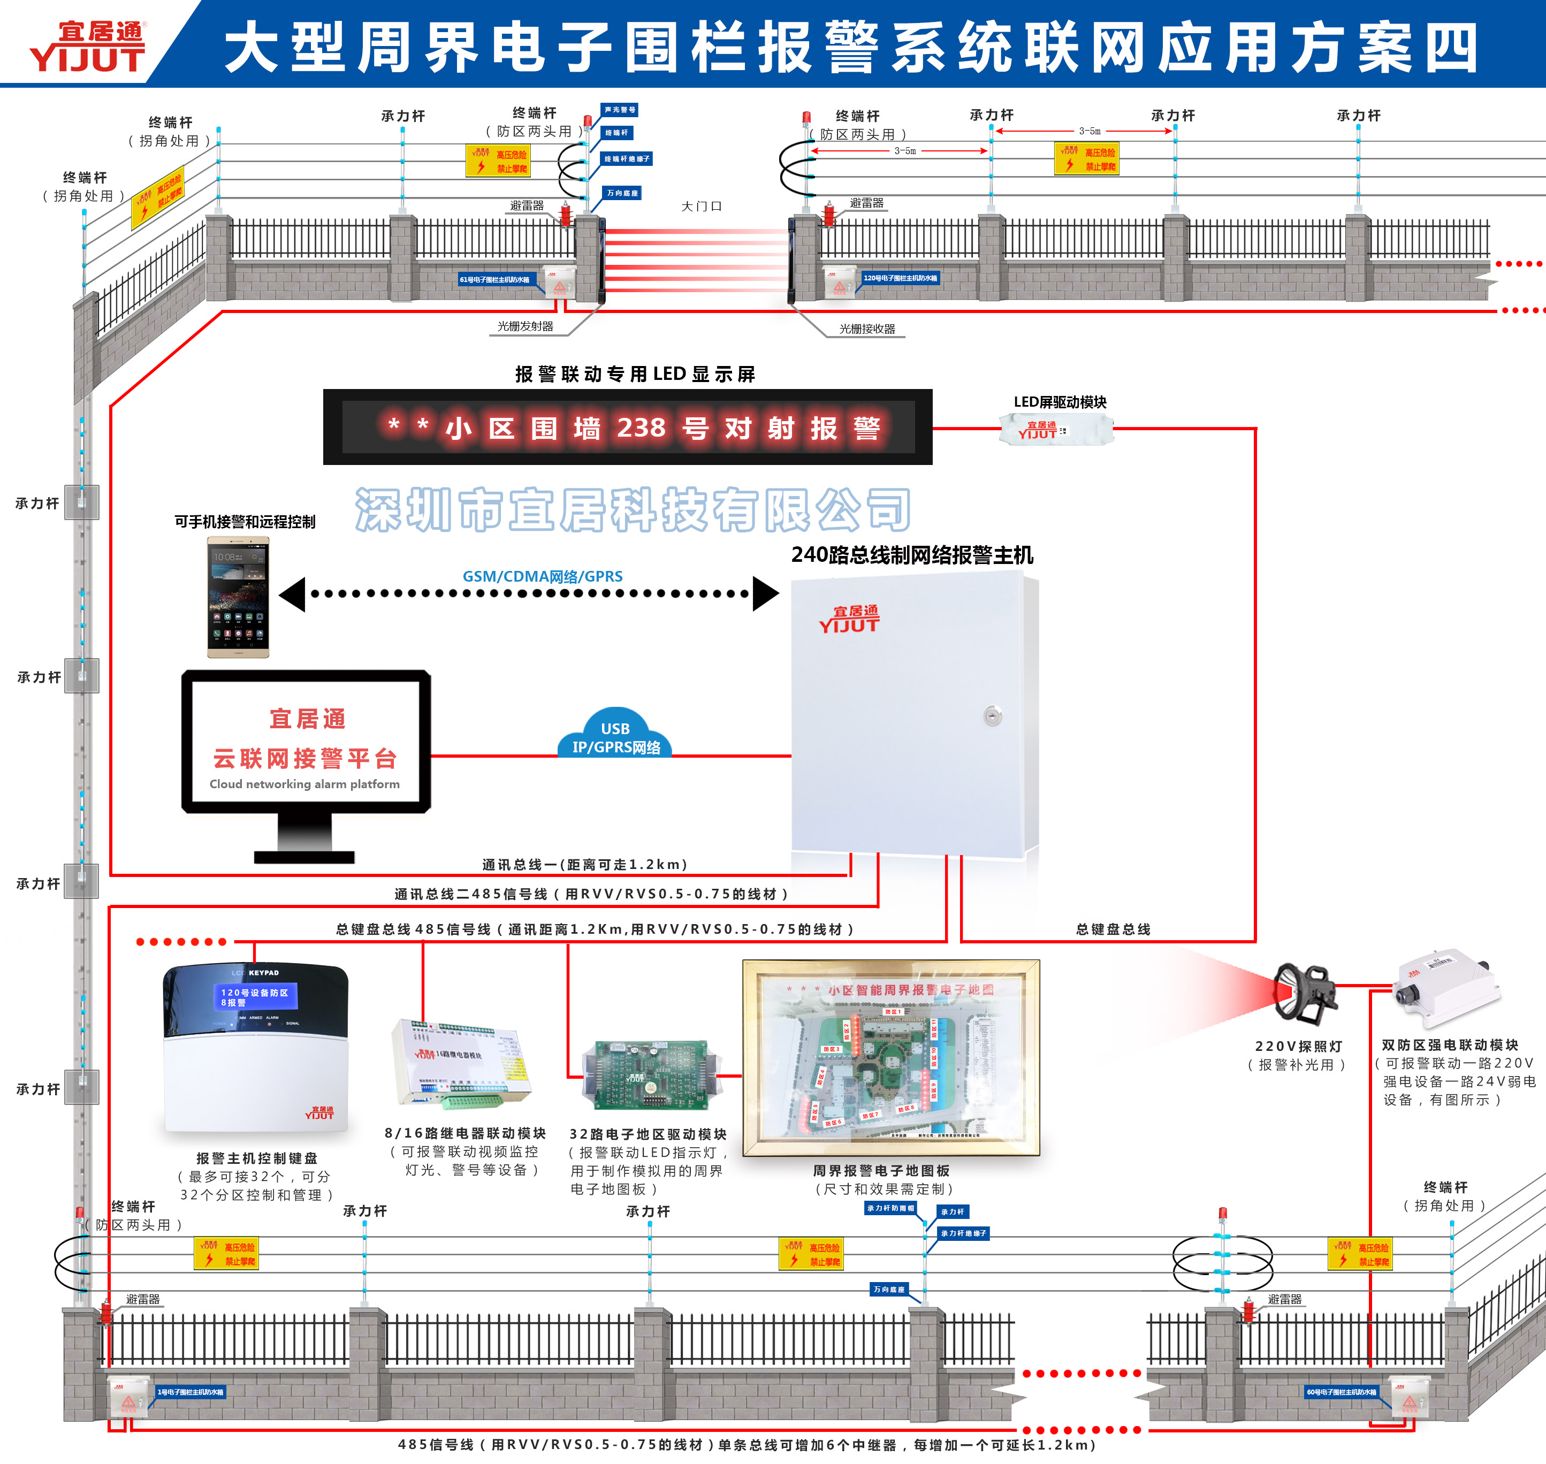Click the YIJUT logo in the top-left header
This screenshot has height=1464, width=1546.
pyautogui.click(x=87, y=47)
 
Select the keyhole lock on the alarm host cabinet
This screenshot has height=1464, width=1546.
pyautogui.click(x=992, y=715)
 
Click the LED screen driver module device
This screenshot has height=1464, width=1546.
pyautogui.click(x=1056, y=429)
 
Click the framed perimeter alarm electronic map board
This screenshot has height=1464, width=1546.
pyautogui.click(x=890, y=1057)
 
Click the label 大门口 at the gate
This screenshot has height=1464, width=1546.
pyautogui.click(x=701, y=206)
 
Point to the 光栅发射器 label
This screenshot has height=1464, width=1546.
pyautogui.click(x=525, y=326)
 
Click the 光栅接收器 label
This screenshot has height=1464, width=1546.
pyautogui.click(x=867, y=329)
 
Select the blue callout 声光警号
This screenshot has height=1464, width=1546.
pyautogui.click(x=620, y=110)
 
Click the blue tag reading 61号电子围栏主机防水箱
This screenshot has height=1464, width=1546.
pyautogui.click(x=495, y=279)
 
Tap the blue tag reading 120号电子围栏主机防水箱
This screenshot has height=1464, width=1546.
pyautogui.click(x=900, y=278)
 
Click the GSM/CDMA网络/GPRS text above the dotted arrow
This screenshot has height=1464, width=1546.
pyautogui.click(x=543, y=576)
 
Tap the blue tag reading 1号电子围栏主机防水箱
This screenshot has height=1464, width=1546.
pyautogui.click(x=191, y=1391)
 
